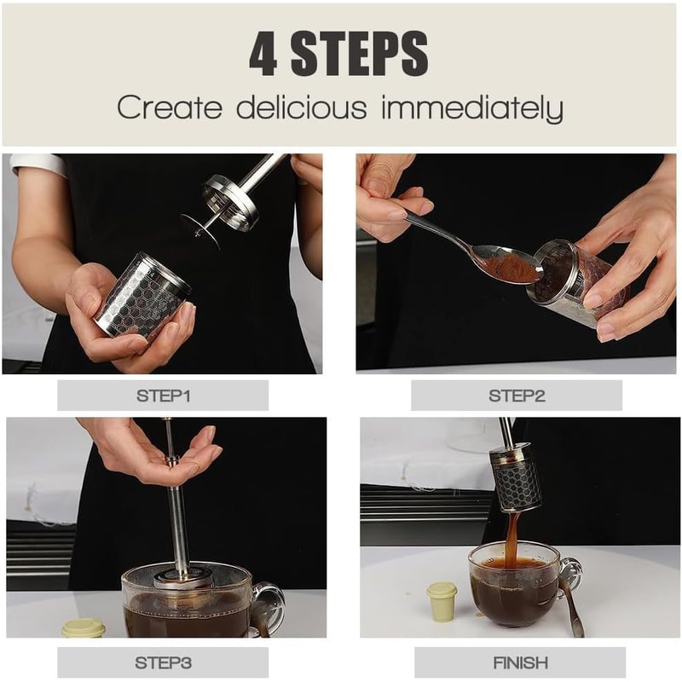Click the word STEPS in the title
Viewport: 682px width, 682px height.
359,54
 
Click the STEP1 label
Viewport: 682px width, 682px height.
163,396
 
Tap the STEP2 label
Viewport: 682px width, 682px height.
516,396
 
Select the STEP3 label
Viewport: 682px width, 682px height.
163,662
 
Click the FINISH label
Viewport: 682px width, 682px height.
520,662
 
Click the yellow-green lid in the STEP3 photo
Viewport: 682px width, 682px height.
84,628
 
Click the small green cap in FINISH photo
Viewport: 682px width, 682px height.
442,600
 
